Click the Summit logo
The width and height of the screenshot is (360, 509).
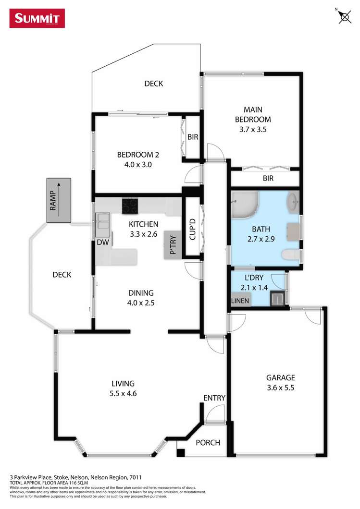point(37,18)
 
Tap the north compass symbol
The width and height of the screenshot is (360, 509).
point(344,17)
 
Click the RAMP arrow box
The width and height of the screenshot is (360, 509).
point(59,200)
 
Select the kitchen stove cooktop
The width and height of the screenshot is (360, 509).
point(130,206)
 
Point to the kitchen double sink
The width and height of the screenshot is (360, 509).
point(103,222)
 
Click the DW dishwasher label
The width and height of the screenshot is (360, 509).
point(103,242)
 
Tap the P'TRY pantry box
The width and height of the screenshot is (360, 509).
point(173,246)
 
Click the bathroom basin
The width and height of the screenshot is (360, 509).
point(293,202)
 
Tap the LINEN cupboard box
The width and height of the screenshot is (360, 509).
point(240,301)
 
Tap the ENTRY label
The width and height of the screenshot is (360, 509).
point(214,398)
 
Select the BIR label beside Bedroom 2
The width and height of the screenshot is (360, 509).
point(193,137)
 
